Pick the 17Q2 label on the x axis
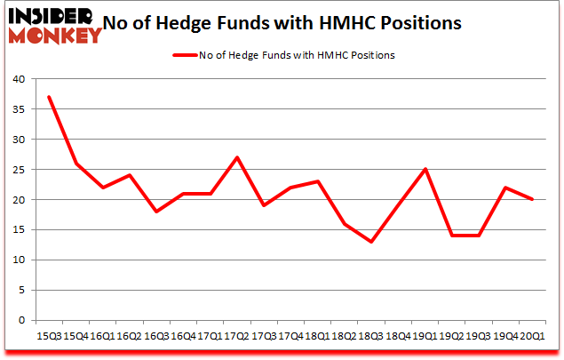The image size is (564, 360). coord(236,337)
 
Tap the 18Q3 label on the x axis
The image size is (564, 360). coord(370,337)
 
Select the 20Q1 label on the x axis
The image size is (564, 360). coord(533,337)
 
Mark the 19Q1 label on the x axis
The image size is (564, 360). coord(425,337)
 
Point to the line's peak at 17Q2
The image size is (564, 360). coord(236,157)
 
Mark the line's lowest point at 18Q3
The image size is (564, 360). coord(370,242)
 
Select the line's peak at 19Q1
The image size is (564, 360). coord(425,169)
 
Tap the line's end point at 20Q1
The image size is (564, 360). coord(533,199)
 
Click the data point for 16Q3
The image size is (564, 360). coord(155,212)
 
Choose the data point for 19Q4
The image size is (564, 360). coord(505,188)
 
